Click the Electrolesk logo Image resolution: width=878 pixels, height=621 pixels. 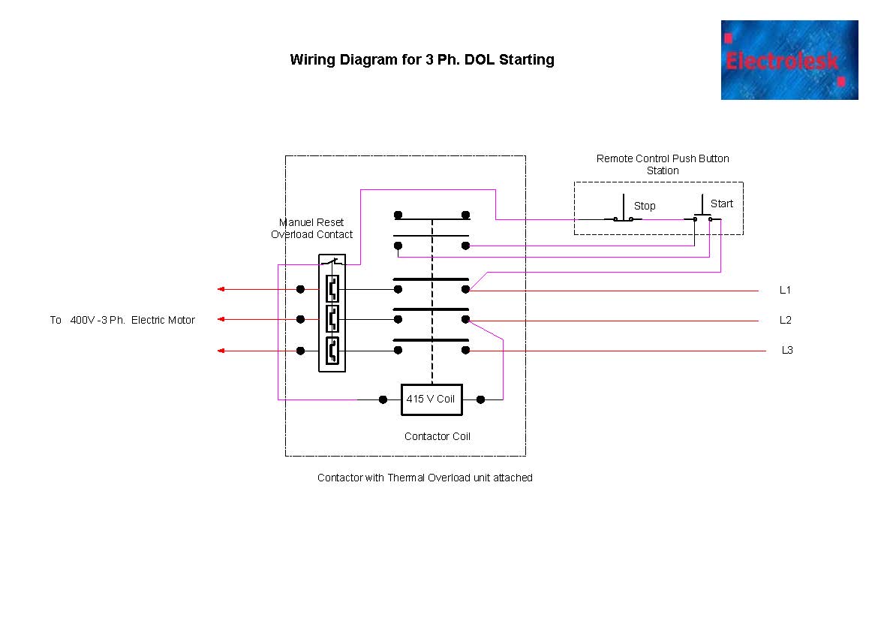[789, 60]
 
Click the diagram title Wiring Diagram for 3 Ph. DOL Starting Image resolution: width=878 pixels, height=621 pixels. [422, 60]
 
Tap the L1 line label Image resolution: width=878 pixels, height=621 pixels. [785, 290]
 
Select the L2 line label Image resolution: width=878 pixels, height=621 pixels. [785, 321]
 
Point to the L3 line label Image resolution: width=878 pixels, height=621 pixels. [787, 351]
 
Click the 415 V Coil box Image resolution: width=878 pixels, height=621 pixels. [431, 399]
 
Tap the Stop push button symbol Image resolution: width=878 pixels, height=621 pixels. [624, 213]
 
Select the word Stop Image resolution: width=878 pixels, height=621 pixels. [645, 206]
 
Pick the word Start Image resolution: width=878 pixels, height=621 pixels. [722, 203]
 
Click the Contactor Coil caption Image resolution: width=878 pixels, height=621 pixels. [437, 436]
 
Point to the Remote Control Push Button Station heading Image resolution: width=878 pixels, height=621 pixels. [663, 164]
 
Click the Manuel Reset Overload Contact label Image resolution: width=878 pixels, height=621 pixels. [311, 228]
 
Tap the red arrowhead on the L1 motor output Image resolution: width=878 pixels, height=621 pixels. [221, 289]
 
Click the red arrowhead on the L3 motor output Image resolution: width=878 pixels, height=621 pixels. [221, 351]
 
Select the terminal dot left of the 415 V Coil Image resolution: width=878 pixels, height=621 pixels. [383, 399]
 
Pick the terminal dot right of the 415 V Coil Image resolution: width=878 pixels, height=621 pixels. [481, 399]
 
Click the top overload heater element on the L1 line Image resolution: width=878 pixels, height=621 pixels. [332, 289]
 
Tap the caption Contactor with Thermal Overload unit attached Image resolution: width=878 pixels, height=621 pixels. [425, 478]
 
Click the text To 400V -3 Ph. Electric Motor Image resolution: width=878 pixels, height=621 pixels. [122, 321]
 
